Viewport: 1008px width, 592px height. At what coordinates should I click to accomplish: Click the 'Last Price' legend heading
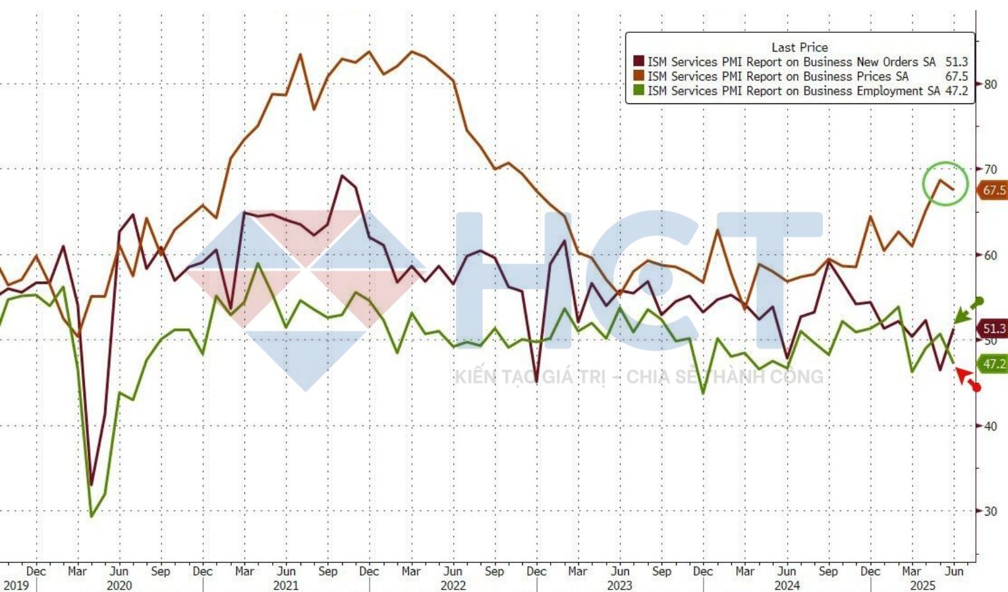click(x=799, y=47)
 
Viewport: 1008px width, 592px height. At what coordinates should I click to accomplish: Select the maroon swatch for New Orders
click(x=638, y=62)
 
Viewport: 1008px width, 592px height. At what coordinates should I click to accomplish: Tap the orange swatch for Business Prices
click(x=638, y=76)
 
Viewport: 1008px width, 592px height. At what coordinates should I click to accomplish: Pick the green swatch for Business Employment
click(x=638, y=91)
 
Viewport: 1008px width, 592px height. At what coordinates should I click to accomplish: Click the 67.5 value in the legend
click(x=956, y=76)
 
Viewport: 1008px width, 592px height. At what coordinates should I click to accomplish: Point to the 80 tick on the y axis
click(x=990, y=84)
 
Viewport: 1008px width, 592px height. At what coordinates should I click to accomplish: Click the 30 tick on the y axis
click(x=990, y=511)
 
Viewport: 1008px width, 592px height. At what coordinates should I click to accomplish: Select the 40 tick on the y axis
click(x=990, y=426)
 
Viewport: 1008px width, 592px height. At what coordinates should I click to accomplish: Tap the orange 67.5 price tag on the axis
click(x=993, y=190)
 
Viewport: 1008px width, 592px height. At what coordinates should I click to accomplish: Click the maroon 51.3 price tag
click(x=994, y=328)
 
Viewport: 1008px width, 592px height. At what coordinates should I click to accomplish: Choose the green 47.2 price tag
click(x=994, y=364)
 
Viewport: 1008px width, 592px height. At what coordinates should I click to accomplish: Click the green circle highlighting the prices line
click(x=945, y=183)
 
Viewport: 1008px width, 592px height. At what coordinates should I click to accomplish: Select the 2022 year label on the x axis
click(x=452, y=586)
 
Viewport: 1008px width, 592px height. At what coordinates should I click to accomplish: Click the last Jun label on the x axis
click(x=954, y=571)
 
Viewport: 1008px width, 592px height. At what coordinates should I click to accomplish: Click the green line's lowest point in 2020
click(x=92, y=516)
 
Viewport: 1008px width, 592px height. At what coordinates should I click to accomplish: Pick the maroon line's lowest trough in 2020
click(x=91, y=484)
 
